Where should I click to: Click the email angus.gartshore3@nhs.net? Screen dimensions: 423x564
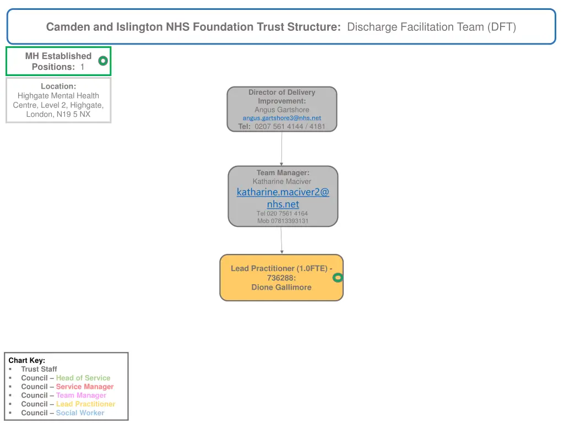point(281,118)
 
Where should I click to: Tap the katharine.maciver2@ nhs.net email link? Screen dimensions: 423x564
point(283,198)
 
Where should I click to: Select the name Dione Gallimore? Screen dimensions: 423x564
point(281,287)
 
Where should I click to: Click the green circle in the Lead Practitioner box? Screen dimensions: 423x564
point(338,278)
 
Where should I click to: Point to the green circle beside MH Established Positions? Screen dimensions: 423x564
point(103,61)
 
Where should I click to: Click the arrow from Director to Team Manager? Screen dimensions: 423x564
point(281,149)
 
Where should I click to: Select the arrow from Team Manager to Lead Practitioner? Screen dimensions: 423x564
point(281,240)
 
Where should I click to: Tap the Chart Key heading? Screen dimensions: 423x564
point(27,360)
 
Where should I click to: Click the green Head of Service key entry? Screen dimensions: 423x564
point(83,378)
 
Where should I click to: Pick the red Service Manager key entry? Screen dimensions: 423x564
point(85,387)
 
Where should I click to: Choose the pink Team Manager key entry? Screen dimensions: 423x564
point(81,395)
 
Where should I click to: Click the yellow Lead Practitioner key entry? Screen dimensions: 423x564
point(85,404)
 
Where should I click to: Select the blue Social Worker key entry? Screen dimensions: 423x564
point(80,413)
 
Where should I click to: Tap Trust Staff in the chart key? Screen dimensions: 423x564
point(39,369)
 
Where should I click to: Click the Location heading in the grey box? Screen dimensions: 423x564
point(58,86)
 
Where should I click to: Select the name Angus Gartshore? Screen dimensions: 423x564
point(281,110)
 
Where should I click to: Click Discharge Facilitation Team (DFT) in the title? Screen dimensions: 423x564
point(431,26)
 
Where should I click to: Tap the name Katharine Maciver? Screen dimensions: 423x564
point(281,181)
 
